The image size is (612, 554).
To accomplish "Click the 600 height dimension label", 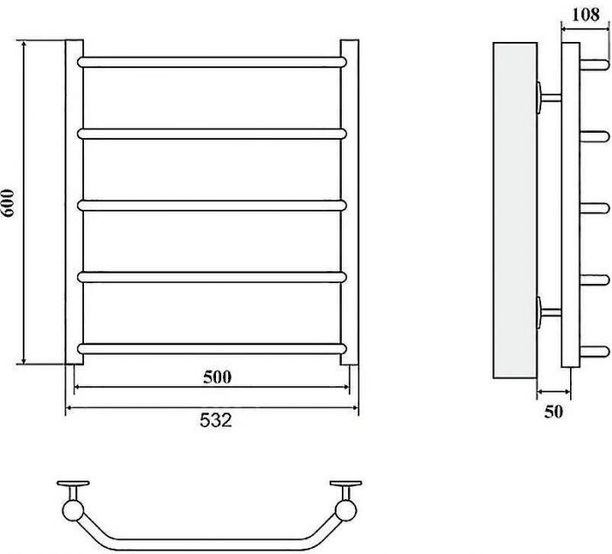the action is pyautogui.click(x=8, y=203).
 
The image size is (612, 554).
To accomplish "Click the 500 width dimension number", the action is pyautogui.click(x=218, y=377).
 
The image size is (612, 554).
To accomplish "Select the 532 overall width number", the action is pyautogui.click(x=216, y=420).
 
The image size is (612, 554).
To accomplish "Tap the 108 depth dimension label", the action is pyautogui.click(x=586, y=15).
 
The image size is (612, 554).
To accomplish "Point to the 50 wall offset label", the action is pyautogui.click(x=553, y=412).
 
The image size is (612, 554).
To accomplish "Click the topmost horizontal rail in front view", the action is pyautogui.click(x=212, y=62).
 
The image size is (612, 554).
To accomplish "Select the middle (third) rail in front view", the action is pyautogui.click(x=212, y=205).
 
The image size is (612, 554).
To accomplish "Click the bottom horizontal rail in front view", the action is pyautogui.click(x=212, y=349).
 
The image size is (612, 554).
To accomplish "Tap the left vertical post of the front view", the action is pyautogui.click(x=74, y=203).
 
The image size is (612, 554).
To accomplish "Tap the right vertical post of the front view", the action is pyautogui.click(x=350, y=203).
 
